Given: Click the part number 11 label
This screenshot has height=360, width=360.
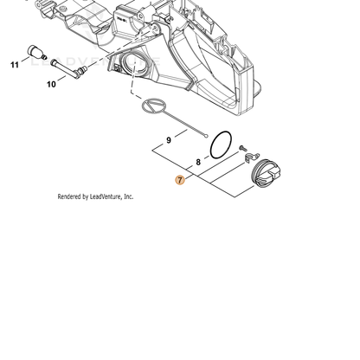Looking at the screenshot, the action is [15, 65].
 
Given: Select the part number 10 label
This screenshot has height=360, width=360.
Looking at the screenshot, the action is [51, 84].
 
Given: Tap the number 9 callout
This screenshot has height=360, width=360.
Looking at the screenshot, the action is [169, 140].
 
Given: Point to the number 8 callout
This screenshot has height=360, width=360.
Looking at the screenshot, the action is [198, 162].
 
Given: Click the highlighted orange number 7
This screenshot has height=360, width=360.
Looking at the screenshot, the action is [180, 180].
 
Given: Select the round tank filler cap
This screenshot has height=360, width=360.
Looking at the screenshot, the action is [266, 174].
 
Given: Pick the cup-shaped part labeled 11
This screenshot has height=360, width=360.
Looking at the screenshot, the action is [35, 52].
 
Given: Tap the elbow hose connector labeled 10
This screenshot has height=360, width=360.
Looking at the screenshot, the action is [68, 68].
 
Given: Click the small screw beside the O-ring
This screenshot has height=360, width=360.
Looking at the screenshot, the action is [242, 148].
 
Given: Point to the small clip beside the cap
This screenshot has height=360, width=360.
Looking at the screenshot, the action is [252, 157].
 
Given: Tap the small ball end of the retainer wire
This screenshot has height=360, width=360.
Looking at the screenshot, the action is [206, 135].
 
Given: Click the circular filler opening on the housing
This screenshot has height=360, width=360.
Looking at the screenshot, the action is [134, 64].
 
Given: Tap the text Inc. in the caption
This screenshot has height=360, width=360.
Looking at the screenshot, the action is [129, 196].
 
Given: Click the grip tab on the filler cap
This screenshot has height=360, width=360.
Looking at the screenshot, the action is [273, 174].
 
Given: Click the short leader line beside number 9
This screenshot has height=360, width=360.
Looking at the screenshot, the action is [181, 133].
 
